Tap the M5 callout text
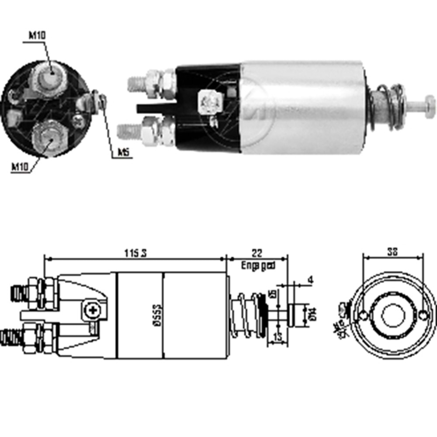coord(123,153)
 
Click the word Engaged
coord(258,265)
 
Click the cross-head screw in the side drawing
coord(92,311)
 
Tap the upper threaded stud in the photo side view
coord(136,83)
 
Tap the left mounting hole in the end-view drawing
coord(363,316)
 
